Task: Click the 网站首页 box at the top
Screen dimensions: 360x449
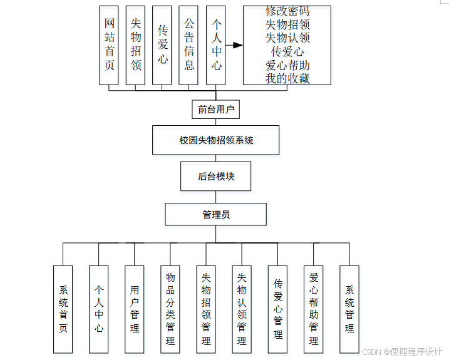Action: (x=109, y=45)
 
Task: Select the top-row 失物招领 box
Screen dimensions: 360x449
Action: (x=136, y=45)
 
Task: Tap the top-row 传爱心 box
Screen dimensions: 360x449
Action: (x=162, y=45)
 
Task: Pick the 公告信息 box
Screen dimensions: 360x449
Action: (x=188, y=45)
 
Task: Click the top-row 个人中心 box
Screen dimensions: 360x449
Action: (x=216, y=45)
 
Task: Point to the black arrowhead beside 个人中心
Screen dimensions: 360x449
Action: (x=237, y=45)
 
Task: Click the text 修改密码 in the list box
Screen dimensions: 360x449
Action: (x=287, y=11)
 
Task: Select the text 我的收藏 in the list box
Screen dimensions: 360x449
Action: (x=287, y=78)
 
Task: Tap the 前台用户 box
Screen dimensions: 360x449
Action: (x=216, y=110)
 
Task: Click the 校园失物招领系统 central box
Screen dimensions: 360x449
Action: (x=216, y=140)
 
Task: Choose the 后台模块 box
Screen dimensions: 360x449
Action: (x=216, y=177)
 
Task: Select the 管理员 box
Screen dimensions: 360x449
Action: (x=216, y=214)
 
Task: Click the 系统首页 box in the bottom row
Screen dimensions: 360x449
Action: (x=63, y=309)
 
